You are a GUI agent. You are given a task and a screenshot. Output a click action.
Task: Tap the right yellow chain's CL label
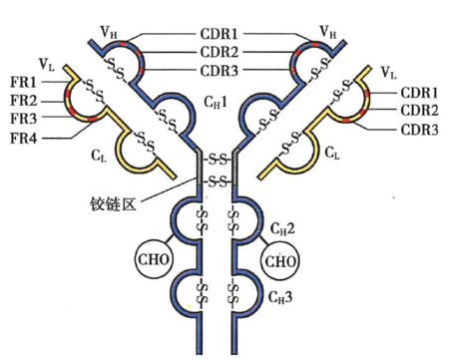click(332, 156)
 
